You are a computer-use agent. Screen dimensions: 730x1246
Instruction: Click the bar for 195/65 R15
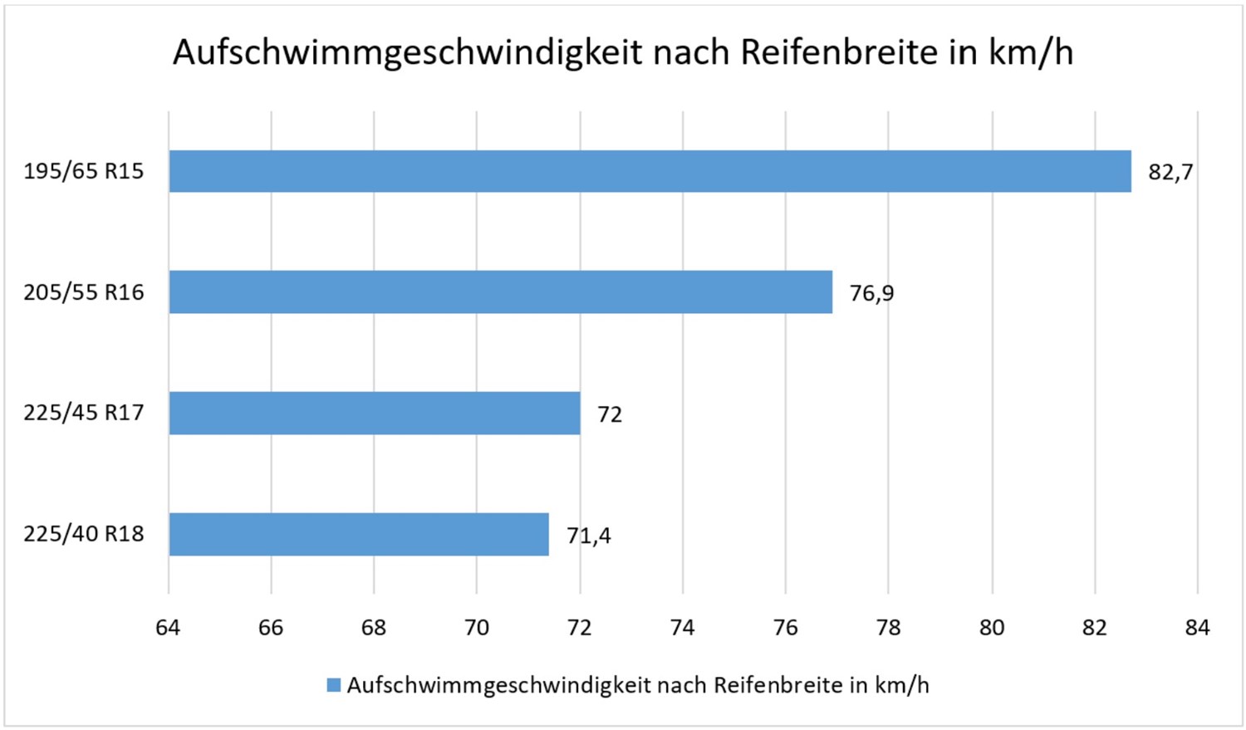[x=650, y=171]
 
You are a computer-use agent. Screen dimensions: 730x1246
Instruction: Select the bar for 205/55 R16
[x=500, y=292]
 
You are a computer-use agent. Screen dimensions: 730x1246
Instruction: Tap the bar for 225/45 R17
[x=375, y=413]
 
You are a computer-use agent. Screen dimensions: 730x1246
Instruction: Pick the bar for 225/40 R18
[x=359, y=534]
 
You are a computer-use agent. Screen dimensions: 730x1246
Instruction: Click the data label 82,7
[x=1170, y=172]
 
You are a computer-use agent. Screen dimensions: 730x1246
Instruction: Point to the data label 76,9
[x=871, y=293]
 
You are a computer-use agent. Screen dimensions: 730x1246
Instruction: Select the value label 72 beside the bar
[x=610, y=414]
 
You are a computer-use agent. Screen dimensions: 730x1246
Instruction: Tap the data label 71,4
[x=588, y=536]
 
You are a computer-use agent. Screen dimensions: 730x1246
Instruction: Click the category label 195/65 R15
[x=83, y=171]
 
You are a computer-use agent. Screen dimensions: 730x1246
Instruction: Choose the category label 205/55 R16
[x=83, y=292]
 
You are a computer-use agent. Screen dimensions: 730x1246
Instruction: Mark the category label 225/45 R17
[x=83, y=413]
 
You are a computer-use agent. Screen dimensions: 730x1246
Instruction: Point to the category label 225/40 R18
[x=83, y=534]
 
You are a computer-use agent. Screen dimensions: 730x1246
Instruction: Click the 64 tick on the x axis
[x=168, y=628]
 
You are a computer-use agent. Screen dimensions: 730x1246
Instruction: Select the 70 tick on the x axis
[x=477, y=628]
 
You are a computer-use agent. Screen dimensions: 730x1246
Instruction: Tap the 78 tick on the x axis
[x=888, y=628]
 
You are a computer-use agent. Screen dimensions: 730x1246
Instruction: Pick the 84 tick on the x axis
[x=1197, y=628]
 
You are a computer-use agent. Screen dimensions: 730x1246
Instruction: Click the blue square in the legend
[x=334, y=685]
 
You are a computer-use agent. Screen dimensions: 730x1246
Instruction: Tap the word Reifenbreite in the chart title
[x=839, y=52]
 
